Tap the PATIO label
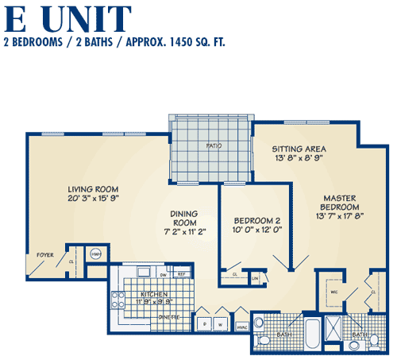213,145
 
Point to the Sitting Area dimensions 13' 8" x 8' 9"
299,157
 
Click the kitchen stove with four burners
119,301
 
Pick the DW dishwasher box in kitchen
163,275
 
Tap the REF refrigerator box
181,275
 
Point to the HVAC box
241,325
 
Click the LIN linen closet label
255,277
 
